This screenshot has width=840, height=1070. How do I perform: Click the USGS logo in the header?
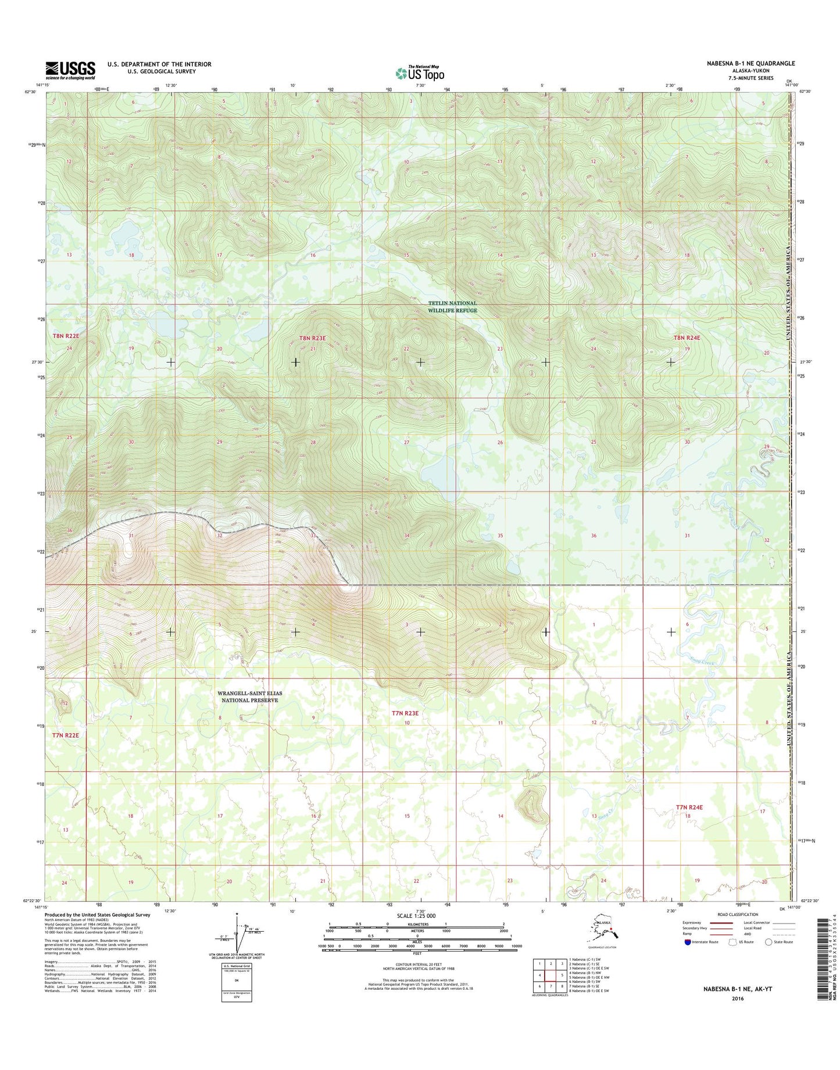[70, 70]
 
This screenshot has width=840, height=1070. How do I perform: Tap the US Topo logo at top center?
[420, 73]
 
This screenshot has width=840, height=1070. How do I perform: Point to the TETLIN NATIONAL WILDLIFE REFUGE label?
[452, 307]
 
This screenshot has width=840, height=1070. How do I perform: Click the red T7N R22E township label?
[65, 735]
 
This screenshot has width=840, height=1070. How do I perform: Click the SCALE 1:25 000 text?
[416, 915]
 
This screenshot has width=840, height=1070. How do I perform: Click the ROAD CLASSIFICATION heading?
[738, 914]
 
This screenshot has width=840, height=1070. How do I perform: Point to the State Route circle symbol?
[768, 942]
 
